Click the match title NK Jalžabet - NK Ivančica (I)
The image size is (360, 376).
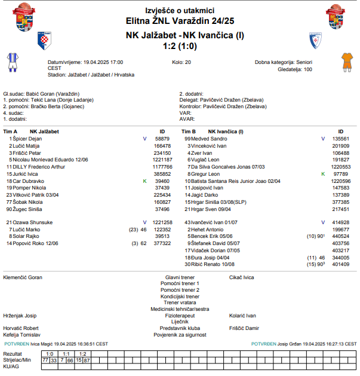click(180, 35)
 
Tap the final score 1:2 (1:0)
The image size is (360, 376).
click(180, 45)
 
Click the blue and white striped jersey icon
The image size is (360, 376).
click(12, 61)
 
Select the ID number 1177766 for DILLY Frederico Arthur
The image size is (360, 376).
click(162, 167)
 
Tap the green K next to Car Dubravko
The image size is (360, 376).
click(144, 181)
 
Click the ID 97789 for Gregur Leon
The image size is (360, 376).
click(341, 173)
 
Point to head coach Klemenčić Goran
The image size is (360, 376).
click(23, 277)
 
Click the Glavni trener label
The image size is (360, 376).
click(180, 277)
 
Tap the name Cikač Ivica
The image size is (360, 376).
click(242, 277)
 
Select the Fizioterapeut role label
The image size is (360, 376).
click(180, 315)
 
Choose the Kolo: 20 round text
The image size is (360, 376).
click(181, 62)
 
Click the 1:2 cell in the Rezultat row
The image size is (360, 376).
click(82, 354)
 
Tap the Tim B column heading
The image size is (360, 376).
click(189, 131)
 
